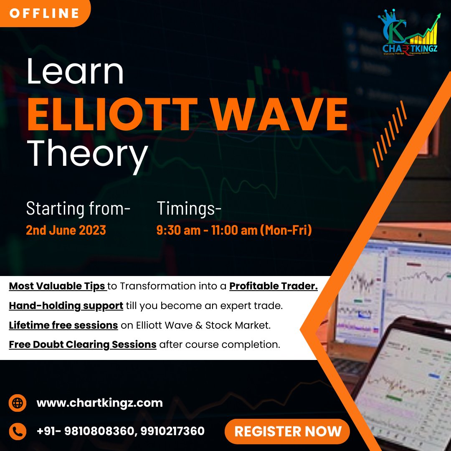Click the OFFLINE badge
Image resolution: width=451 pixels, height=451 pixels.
(44, 13)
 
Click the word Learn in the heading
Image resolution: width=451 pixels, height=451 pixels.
(75, 72)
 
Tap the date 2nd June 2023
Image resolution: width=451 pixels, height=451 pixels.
(66, 230)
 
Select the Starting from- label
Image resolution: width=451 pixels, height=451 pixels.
(78, 208)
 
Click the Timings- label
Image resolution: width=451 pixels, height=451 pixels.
(189, 208)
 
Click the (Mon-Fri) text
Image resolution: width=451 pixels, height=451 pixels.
(286, 230)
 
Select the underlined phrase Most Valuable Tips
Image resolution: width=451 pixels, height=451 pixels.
(57, 286)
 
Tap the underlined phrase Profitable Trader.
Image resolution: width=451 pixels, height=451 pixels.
(274, 286)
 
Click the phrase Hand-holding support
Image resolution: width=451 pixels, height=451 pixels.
(66, 306)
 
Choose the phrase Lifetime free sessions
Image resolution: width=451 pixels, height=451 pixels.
(63, 325)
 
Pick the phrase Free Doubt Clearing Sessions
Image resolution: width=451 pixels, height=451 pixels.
(83, 345)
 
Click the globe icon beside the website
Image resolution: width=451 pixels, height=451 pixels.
(18, 403)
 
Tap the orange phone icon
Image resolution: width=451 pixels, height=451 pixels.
(18, 431)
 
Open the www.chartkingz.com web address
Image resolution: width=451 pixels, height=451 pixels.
(99, 403)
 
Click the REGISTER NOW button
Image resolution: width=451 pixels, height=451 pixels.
(288, 431)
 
